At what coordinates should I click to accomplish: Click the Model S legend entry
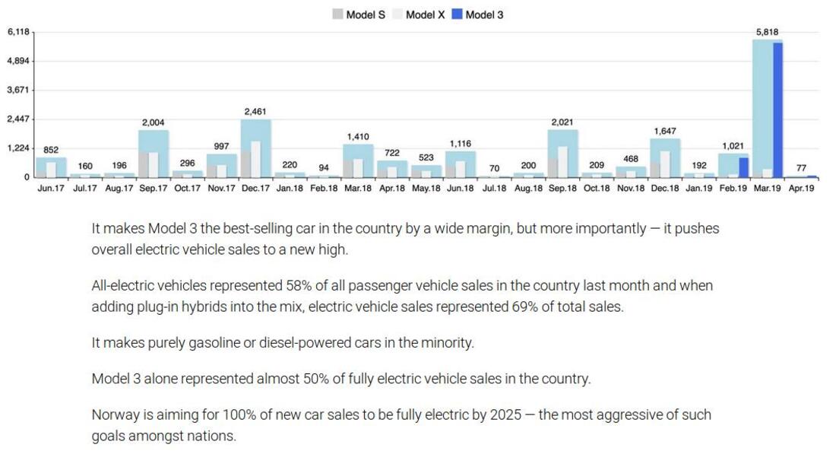359,14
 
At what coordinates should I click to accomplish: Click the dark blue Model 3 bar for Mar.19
777,110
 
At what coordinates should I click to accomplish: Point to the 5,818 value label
768,32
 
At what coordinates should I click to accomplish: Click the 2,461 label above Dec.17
256,112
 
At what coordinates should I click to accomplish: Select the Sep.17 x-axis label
154,189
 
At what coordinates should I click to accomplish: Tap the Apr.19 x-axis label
801,189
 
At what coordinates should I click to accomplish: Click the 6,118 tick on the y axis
18,32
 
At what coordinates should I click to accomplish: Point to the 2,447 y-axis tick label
18,119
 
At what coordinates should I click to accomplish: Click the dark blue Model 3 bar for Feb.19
743,167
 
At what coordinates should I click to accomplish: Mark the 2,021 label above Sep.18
563,122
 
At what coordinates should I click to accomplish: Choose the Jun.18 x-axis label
461,189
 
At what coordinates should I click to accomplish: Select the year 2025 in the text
505,415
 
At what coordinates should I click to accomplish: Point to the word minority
448,343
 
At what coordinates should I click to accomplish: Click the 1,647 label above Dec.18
665,132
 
